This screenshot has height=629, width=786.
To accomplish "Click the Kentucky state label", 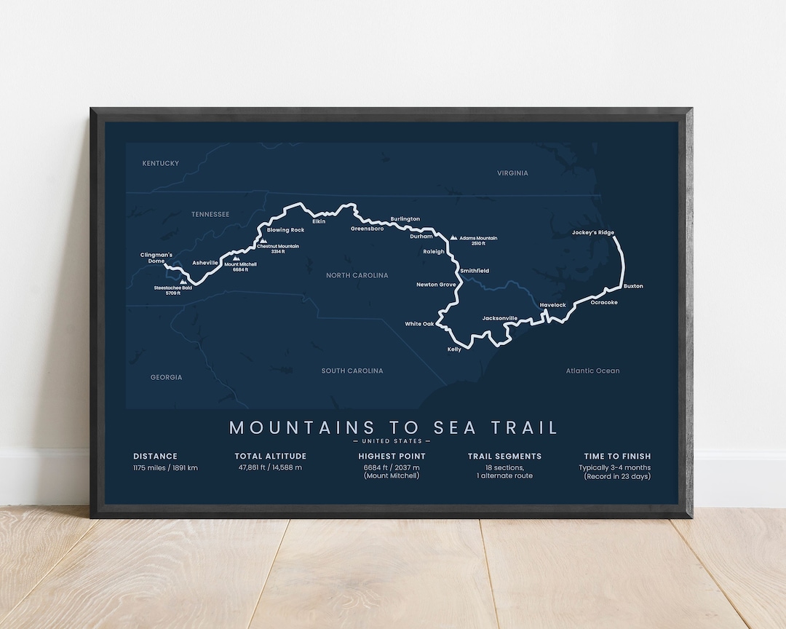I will (160, 163).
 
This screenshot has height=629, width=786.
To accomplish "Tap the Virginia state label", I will (512, 173).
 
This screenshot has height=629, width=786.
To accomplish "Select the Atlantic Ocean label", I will (592, 371).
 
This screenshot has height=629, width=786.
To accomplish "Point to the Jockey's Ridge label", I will (592, 233).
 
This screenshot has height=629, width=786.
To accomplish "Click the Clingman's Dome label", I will (156, 258).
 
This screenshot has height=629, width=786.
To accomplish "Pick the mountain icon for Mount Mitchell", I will (236, 258).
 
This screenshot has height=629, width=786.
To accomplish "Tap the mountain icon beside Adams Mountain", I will (454, 237).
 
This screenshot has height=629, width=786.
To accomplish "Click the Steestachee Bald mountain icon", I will (183, 281).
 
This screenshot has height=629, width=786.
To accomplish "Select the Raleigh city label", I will (434, 251).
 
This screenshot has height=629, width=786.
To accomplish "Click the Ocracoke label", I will (604, 302).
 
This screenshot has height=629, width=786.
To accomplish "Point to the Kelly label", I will (454, 349).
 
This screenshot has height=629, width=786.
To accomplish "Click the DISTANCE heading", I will (155, 456).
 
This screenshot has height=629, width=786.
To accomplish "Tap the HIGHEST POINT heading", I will (392, 456).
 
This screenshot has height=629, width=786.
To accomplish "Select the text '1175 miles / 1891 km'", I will (165, 467).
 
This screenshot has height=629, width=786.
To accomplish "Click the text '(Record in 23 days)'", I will (617, 477).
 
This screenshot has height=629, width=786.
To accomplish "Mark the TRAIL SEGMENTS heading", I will (504, 456).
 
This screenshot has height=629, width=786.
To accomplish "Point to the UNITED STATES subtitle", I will (392, 441).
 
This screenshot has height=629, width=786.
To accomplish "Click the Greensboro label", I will (367, 229).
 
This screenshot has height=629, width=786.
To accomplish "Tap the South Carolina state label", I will (352, 371).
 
